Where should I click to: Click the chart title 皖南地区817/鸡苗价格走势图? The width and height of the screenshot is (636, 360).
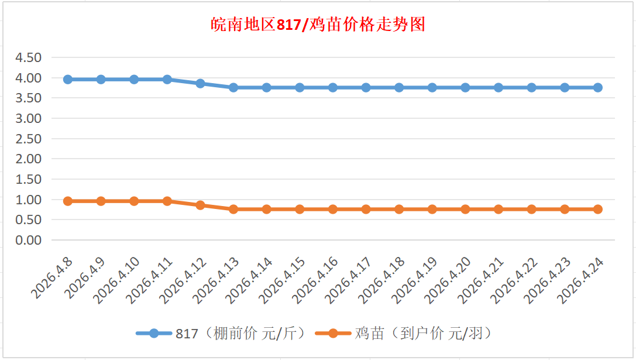[318, 25]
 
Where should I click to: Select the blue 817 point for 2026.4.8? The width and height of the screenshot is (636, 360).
[68, 79]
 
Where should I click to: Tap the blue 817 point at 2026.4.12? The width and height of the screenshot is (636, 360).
[200, 83]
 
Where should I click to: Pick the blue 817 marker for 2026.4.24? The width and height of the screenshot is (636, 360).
[598, 87]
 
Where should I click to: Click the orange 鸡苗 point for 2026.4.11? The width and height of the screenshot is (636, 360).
[167, 201]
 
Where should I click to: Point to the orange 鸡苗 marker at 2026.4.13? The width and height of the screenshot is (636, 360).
[233, 209]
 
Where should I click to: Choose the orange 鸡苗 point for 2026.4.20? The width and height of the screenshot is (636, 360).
[465, 209]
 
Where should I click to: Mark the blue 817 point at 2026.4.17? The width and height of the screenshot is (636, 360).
[366, 87]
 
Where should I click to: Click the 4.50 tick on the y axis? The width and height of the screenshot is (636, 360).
[28, 57]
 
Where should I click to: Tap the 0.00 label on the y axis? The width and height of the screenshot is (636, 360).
[28, 240]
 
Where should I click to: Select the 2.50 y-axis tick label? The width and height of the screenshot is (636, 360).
[28, 139]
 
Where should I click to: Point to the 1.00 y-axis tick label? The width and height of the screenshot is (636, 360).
[28, 200]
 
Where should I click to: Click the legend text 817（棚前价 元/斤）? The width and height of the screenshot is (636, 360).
[240, 334]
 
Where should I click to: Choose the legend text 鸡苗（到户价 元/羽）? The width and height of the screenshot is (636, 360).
[422, 334]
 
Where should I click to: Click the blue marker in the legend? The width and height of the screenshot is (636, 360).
[154, 334]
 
